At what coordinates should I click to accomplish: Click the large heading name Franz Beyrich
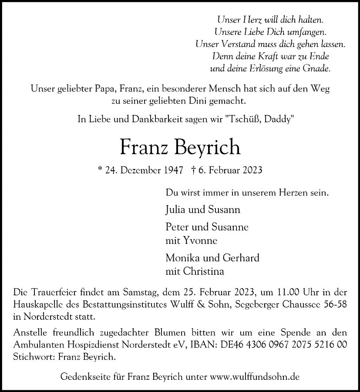click(x=180, y=147)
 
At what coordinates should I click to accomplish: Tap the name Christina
click(x=203, y=271)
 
